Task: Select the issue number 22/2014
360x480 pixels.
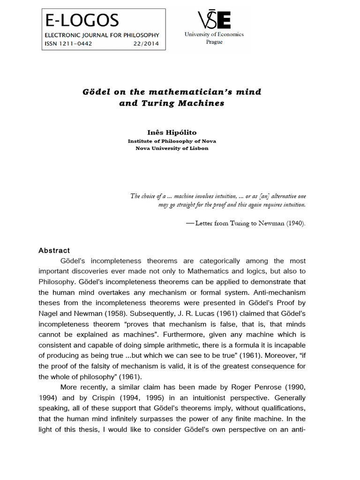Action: [x=146, y=44]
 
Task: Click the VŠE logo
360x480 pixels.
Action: [x=214, y=20]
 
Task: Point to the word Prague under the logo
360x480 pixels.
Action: [x=214, y=42]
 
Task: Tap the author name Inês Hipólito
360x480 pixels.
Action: [x=172, y=134]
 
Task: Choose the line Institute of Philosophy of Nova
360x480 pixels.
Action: [x=172, y=141]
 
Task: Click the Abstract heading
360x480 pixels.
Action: [x=54, y=251]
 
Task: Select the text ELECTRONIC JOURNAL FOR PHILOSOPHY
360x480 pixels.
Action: [x=102, y=35]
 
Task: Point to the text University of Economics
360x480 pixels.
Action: [x=214, y=34]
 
